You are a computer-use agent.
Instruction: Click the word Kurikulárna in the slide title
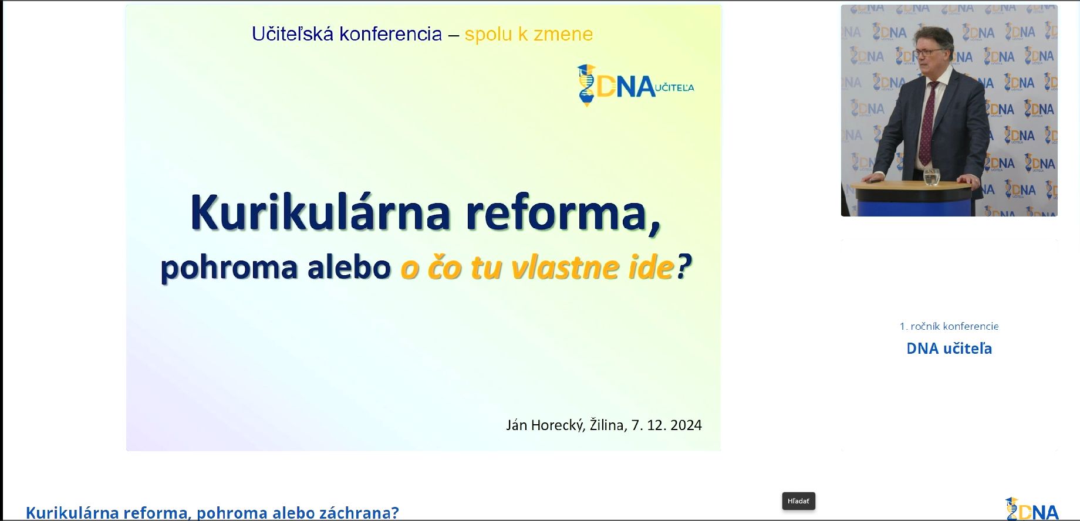(320, 212)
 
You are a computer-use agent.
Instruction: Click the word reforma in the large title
(563, 214)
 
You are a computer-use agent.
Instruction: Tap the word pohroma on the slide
(230, 268)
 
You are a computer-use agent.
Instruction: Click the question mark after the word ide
(684, 268)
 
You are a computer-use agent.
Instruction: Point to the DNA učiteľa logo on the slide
(636, 86)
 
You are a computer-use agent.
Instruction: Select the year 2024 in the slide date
(686, 425)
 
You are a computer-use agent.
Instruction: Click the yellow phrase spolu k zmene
(529, 34)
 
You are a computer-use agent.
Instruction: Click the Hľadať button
(798, 501)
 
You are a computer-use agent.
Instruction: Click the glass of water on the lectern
(932, 177)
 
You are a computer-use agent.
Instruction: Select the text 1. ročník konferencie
(949, 326)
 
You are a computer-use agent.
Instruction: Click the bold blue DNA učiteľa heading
(949, 349)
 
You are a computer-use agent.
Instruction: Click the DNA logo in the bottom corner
(1032, 509)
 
